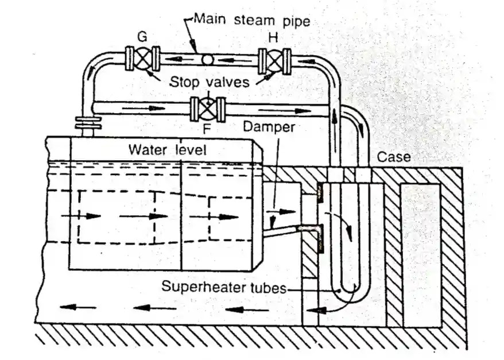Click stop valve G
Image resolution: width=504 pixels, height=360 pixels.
coord(142,59)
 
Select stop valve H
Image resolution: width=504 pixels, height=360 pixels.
coord(274,61)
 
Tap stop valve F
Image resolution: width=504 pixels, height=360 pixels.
coord(208,109)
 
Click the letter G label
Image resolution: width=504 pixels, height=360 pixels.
coord(142,37)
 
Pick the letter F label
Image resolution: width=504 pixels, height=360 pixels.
coord(207,129)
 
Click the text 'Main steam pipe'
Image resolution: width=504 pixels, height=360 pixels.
coord(251,20)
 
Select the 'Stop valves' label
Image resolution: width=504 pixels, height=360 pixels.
coord(210,82)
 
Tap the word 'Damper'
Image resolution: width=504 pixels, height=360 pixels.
coord(269,127)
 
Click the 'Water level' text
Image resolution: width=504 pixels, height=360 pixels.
coord(167,150)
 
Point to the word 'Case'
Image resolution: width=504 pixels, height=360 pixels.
coord(394,157)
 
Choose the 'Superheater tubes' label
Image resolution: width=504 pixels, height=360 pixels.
coord(224,287)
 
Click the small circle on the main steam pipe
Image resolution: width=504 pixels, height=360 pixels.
coord(207,59)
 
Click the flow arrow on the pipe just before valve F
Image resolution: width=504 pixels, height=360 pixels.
coord(144,108)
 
